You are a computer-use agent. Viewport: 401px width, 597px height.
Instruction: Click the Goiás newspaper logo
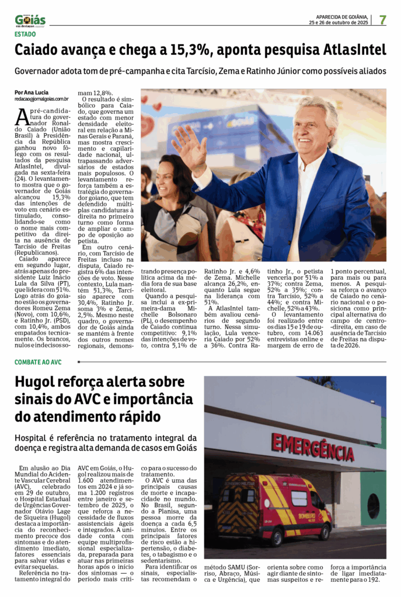[x=30, y=20]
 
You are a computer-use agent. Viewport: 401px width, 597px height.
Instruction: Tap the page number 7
[x=382, y=20]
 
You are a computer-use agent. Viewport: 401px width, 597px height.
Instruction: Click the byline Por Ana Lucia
[x=32, y=93]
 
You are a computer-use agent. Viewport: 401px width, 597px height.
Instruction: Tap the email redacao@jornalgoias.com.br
[x=42, y=99]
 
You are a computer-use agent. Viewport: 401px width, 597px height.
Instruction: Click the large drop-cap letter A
[x=22, y=116]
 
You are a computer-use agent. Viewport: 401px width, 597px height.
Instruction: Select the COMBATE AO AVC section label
[x=38, y=362]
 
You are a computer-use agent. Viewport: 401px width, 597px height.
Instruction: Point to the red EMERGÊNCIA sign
[x=312, y=447]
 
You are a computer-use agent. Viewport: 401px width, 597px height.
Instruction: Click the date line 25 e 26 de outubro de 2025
[x=339, y=23]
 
